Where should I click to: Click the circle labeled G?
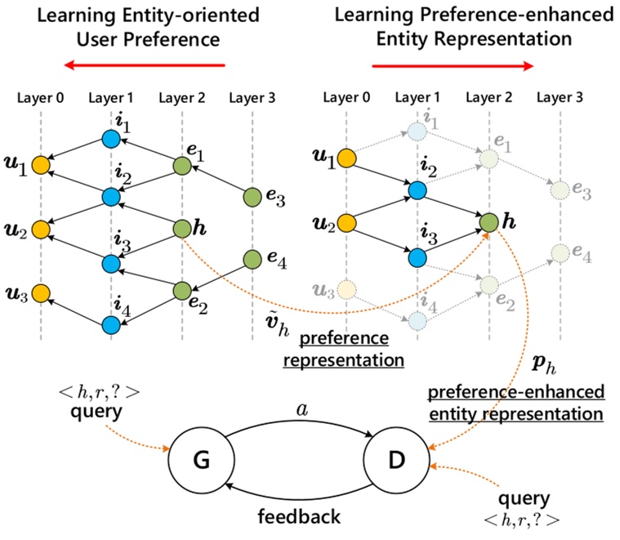(202, 460)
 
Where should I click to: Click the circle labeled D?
(397, 460)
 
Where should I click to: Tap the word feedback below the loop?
(299, 516)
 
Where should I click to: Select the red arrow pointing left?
(145, 65)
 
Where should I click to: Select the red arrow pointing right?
(453, 66)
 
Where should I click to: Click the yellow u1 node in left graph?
(41, 165)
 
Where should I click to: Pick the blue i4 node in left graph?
(111, 325)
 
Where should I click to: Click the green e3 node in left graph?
(252, 197)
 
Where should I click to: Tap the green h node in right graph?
(489, 222)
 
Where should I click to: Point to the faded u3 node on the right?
(347, 290)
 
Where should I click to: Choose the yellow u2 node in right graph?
(347, 223)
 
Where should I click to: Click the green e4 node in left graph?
(252, 260)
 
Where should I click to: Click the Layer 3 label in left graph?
(252, 98)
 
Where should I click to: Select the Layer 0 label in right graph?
(346, 97)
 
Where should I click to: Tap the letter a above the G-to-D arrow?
(302, 410)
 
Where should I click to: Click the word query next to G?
(96, 412)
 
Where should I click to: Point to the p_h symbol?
(544, 364)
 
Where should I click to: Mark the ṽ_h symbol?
(277, 324)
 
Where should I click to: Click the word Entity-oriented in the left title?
(191, 16)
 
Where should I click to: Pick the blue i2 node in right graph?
(417, 190)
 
